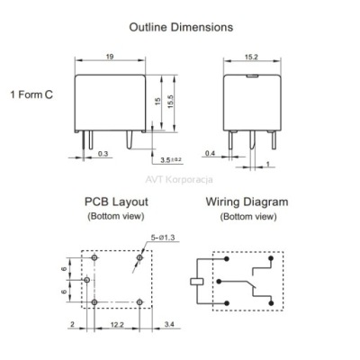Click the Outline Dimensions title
pos(181,27)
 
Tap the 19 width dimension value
pos(110,57)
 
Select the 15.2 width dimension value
pos(251,57)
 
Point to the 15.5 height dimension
pos(171,102)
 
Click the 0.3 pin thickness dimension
pos(103,154)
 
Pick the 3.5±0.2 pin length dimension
pos(171,160)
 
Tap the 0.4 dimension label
pos(210,153)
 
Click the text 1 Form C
pos(31,94)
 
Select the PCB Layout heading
pos(116,202)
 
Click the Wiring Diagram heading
pos(247,202)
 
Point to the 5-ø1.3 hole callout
pos(163,238)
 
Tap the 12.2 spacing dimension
pos(117,324)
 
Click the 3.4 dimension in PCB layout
pos(169,324)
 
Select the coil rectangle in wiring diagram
pos(197,282)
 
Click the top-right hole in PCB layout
pos(139,257)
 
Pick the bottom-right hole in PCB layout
pos(139,302)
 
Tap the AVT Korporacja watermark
pos(179,180)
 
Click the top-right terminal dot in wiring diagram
pos(271,258)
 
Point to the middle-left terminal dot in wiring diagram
pos(219,282)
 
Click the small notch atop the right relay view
pos(252,76)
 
